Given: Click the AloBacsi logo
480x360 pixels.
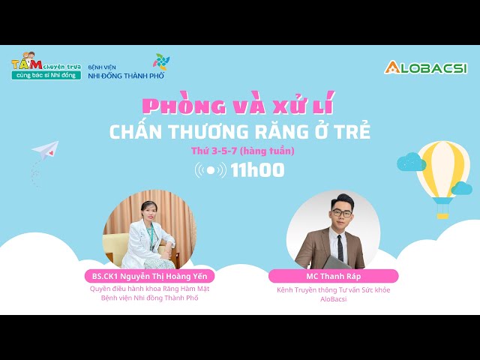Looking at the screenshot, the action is pyautogui.click(x=425, y=67).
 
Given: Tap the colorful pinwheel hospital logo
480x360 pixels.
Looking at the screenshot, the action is pyautogui.click(x=161, y=61).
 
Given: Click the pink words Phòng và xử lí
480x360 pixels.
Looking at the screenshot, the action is pyautogui.click(x=238, y=103).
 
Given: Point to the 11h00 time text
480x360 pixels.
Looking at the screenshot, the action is pyautogui.click(x=257, y=170).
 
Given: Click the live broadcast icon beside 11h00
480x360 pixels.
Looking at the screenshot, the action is pyautogui.click(x=211, y=170).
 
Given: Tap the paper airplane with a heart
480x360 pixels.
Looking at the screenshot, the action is pyautogui.click(x=46, y=150).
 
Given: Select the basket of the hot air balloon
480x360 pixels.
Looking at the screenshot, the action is pyautogui.click(x=442, y=216).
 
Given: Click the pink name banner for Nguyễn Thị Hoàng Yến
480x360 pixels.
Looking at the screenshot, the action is pyautogui.click(x=150, y=276).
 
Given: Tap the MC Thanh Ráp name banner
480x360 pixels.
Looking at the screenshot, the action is pyautogui.click(x=333, y=276).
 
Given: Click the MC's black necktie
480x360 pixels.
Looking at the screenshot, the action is pyautogui.click(x=340, y=248).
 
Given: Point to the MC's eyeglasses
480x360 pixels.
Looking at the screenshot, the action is pyautogui.click(x=342, y=213).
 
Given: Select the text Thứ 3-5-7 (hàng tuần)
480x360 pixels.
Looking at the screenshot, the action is pyautogui.click(x=243, y=151).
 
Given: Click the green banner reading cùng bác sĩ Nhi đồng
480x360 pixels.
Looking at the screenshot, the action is pyautogui.click(x=46, y=75).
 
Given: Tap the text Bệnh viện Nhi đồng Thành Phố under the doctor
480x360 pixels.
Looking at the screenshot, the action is pyautogui.click(x=150, y=298).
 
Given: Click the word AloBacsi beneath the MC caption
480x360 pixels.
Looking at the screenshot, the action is pyautogui.click(x=333, y=299).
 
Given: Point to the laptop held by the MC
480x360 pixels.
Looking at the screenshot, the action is pyautogui.click(x=337, y=262).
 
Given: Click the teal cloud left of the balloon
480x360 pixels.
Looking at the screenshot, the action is pyautogui.click(x=411, y=162).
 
